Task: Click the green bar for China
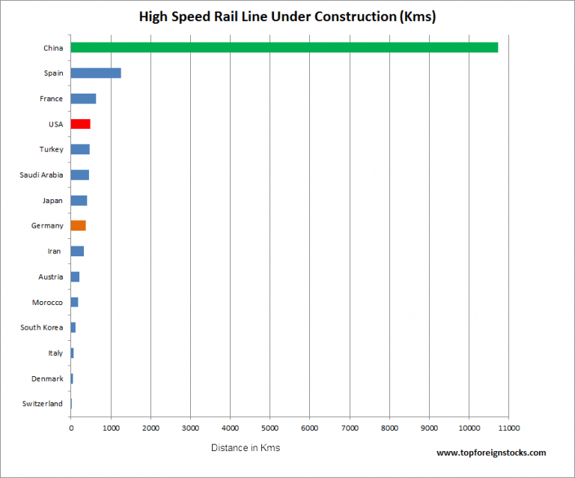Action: point(285,48)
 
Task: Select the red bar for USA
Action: point(80,124)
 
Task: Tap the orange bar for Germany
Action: point(78,226)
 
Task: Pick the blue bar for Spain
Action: point(96,73)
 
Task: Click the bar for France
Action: point(83,99)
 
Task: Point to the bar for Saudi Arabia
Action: point(79,175)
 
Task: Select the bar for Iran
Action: point(77,251)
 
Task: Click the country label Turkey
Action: point(51,150)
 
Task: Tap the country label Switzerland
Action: point(43,404)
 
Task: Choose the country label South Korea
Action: point(42,327)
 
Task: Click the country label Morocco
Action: point(47,302)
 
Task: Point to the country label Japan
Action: point(52,201)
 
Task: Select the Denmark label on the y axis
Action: point(47,378)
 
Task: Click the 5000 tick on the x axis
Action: point(270,429)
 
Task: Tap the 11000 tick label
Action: point(508,429)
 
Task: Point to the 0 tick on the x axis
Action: point(71,429)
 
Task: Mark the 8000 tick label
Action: point(389,429)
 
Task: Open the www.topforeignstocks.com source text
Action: point(490,453)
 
